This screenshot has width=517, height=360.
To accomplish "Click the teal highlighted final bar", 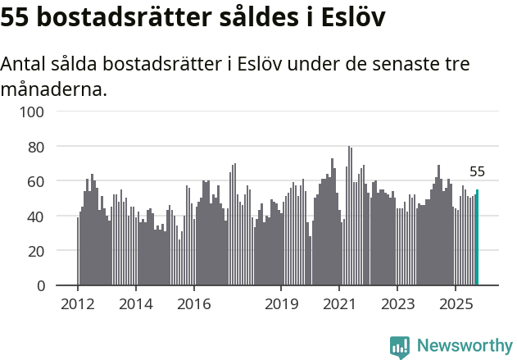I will [x=477, y=238].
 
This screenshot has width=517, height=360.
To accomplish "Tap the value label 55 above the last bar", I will [x=477, y=172].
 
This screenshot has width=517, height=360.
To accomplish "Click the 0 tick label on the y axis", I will [x=39, y=285].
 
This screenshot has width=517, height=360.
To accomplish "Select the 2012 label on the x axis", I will [x=78, y=304].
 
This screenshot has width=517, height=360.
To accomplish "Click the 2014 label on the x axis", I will [x=136, y=304].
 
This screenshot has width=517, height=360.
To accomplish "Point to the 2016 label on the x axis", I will [x=193, y=304].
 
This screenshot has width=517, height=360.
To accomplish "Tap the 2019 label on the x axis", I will [x=281, y=304].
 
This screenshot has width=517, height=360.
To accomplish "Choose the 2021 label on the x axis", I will [x=338, y=304].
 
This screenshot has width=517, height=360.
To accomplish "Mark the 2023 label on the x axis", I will [x=397, y=304].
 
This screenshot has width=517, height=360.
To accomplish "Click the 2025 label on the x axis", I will [x=455, y=304].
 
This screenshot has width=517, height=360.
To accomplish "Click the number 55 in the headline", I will [x=18, y=17].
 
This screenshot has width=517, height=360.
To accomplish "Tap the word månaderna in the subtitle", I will [x=53, y=89].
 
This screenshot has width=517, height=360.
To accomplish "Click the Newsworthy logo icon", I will [x=400, y=346].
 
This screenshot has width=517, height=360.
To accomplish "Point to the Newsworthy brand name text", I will [x=464, y=346].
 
